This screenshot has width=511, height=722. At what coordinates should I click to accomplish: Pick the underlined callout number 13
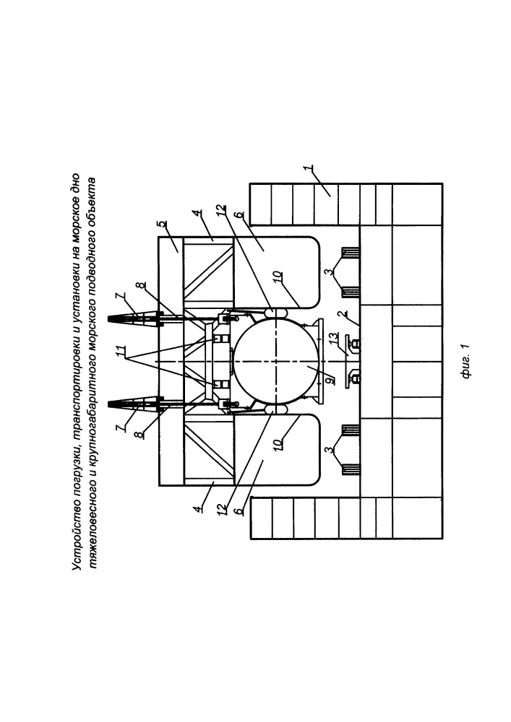(335, 337)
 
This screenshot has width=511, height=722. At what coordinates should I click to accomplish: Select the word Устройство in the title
(76, 541)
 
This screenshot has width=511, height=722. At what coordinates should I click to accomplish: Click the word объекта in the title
(93, 199)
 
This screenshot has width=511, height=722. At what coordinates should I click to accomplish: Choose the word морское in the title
(76, 219)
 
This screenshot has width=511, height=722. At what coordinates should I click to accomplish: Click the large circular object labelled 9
(275, 362)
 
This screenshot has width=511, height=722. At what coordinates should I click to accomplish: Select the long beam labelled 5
(171, 361)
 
